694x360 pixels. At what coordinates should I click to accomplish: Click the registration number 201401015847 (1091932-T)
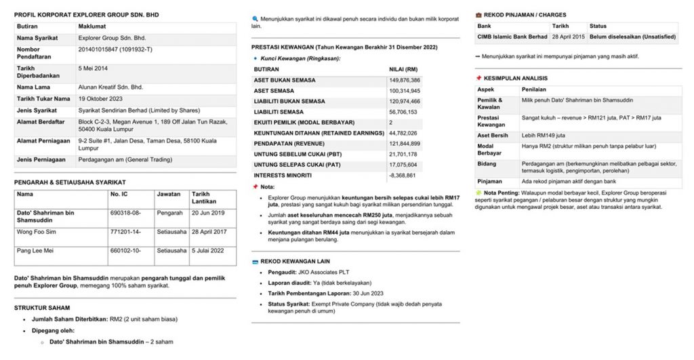[x=115, y=49]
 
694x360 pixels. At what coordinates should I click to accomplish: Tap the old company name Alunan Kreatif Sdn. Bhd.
[x=111, y=87]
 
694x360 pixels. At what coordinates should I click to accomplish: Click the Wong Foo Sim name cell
[x=37, y=232]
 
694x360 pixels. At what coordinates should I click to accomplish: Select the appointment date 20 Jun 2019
[x=208, y=213]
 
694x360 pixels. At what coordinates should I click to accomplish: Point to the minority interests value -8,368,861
[x=405, y=175]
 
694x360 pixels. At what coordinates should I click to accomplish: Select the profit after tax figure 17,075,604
[x=405, y=165]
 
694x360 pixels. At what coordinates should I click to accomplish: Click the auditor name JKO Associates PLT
[x=326, y=272]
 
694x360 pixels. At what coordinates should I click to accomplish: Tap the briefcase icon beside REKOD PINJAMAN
[x=479, y=15]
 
